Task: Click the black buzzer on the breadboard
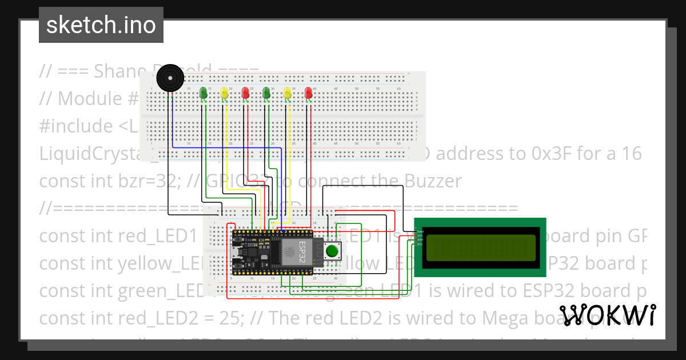(169, 78)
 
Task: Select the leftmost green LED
(203, 93)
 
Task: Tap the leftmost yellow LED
(225, 93)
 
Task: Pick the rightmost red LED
(309, 93)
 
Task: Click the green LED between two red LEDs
(266, 93)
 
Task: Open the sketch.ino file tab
(101, 25)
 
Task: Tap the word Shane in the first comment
(121, 71)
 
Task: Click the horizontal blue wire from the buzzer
(229, 147)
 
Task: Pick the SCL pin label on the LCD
(418, 245)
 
